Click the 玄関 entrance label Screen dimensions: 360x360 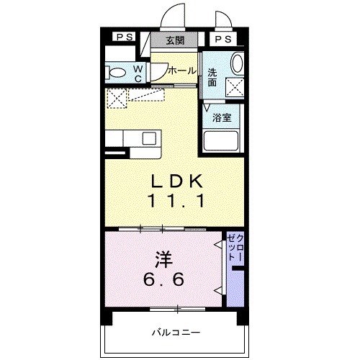175,40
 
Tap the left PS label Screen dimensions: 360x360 125,37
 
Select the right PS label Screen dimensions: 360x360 223,39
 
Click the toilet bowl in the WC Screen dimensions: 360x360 115,73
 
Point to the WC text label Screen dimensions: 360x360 138,74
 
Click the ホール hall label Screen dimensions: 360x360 182,71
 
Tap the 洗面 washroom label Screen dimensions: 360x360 212,78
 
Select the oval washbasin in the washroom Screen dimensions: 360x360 237,63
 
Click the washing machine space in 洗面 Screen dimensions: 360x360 235,88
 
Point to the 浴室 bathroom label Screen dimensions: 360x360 222,117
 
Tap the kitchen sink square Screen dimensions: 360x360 149,138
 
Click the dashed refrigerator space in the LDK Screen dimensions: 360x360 117,99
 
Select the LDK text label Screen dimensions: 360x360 176,181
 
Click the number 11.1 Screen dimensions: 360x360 176,201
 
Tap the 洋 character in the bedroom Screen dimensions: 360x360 164,260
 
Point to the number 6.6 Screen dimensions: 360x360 164,279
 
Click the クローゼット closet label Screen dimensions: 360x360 235,248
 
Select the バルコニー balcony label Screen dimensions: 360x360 176,333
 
